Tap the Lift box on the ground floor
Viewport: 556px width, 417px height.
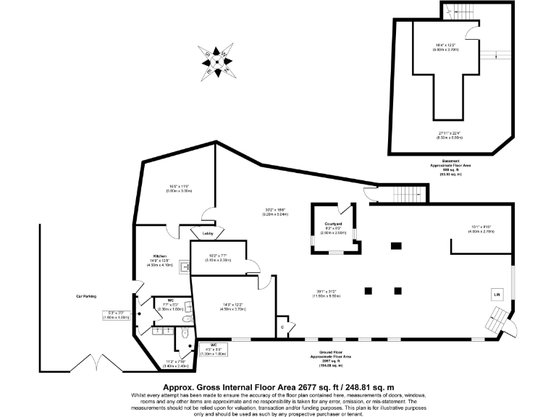point(497,295)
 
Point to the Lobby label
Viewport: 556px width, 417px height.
point(207,234)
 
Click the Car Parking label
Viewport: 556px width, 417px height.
point(85,296)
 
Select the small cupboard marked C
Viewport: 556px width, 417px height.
point(282,327)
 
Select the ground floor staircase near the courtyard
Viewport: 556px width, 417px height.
point(401,194)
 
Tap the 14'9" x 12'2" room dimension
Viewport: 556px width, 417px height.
point(234,306)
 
